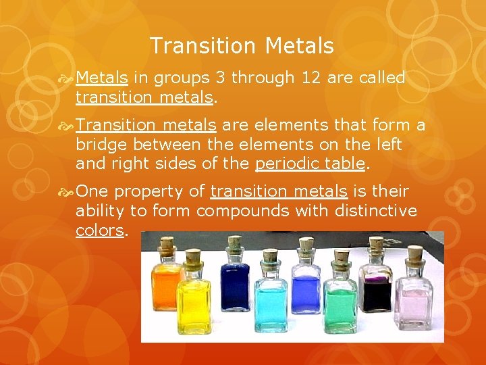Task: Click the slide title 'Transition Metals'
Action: (x=242, y=46)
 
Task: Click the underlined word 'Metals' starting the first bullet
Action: (x=101, y=78)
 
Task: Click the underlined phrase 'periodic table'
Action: (x=310, y=164)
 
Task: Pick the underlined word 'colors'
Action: (x=100, y=230)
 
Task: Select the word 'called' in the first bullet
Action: (x=382, y=78)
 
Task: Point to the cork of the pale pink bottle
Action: (x=415, y=254)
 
